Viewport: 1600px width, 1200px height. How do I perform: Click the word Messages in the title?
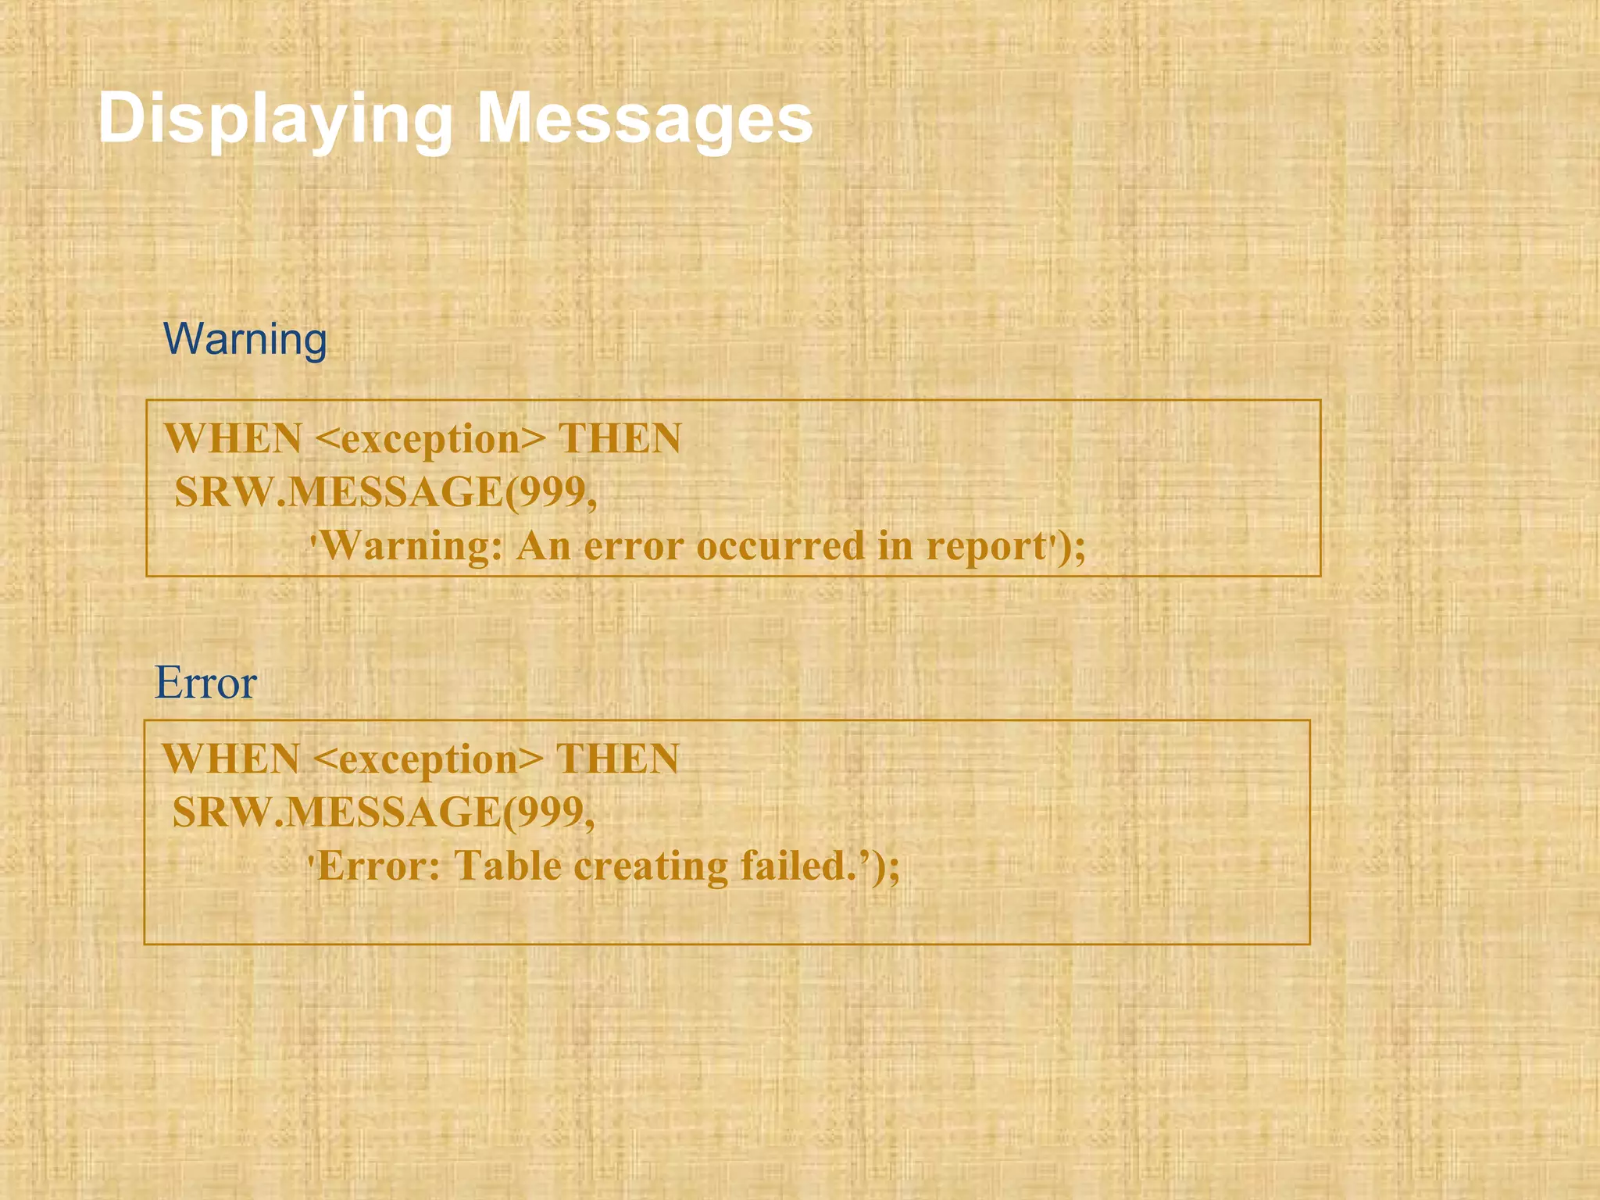click(x=645, y=119)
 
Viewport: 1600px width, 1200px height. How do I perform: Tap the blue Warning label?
click(x=245, y=340)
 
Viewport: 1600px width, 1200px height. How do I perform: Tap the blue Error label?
click(x=205, y=683)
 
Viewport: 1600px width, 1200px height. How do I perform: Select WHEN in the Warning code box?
click(x=233, y=438)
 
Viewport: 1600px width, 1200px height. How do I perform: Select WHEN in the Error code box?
click(x=230, y=759)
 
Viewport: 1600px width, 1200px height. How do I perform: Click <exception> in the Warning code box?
click(x=430, y=439)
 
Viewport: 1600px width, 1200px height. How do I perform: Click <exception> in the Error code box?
click(x=427, y=759)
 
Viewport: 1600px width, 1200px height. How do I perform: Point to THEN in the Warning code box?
click(x=620, y=438)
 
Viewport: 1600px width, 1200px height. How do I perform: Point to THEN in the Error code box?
click(x=617, y=759)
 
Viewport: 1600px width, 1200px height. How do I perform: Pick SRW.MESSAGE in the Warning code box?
click(x=339, y=492)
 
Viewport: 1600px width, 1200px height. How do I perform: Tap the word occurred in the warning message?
click(x=780, y=546)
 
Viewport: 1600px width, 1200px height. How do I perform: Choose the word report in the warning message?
click(x=986, y=546)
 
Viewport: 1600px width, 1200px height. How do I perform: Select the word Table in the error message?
click(x=508, y=866)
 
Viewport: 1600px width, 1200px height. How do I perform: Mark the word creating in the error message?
click(x=651, y=866)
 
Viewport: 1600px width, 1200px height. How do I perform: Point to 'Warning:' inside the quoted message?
click(x=410, y=546)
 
